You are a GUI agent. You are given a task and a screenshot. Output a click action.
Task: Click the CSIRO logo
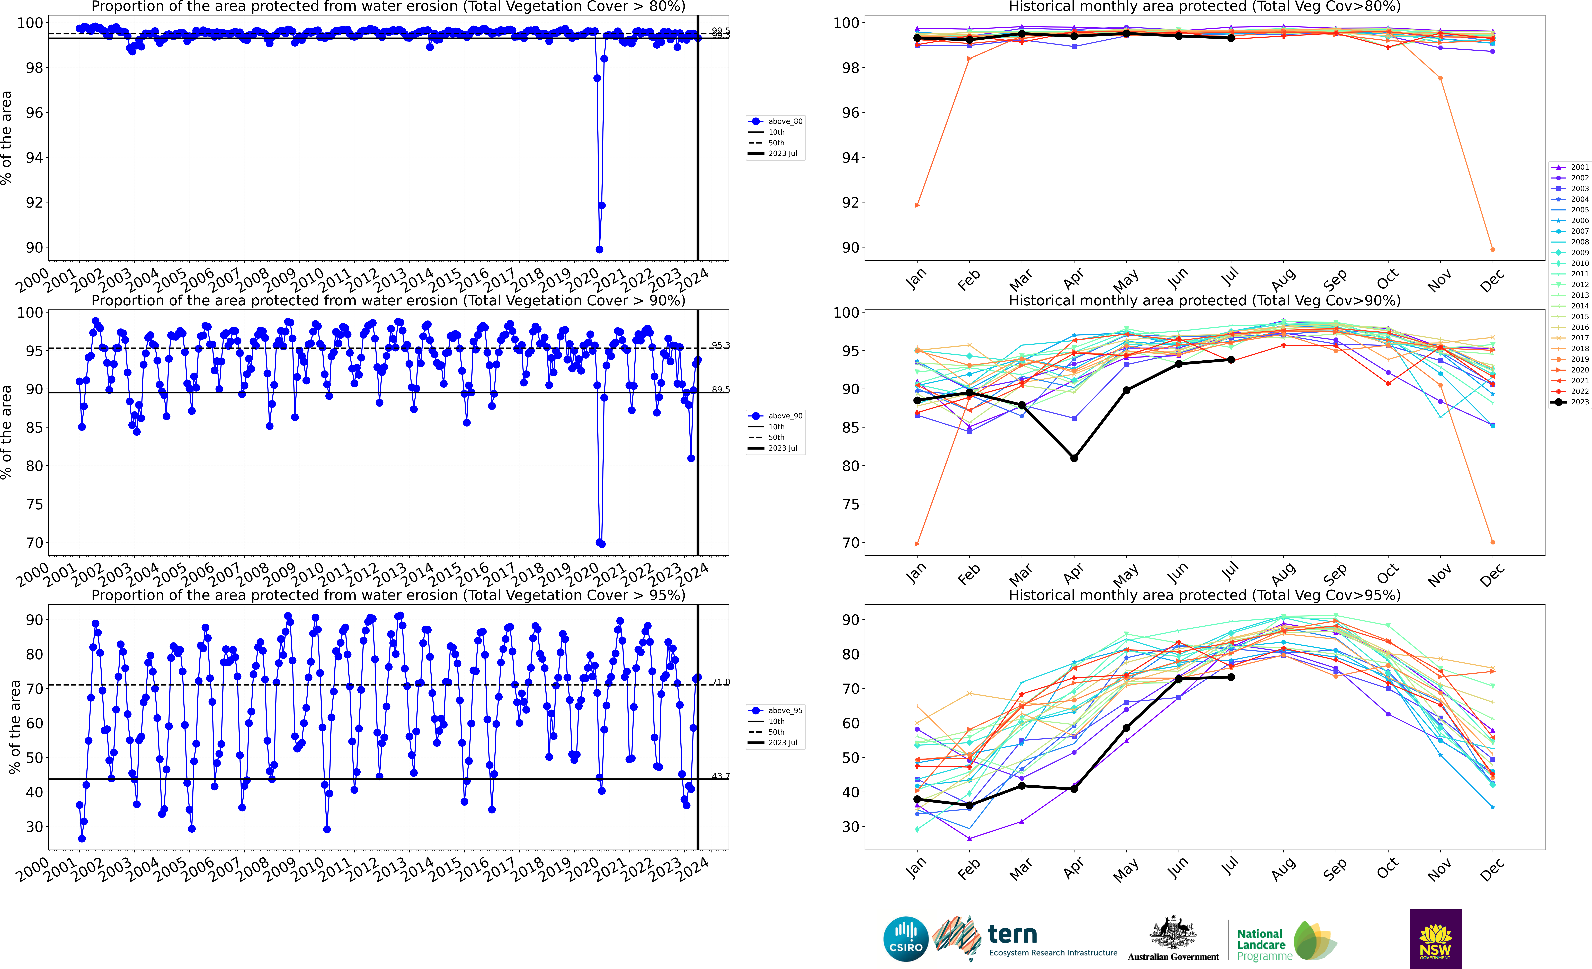(906, 939)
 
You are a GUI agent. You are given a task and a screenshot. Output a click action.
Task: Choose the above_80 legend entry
(775, 121)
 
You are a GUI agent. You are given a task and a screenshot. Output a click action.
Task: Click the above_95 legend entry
(775, 711)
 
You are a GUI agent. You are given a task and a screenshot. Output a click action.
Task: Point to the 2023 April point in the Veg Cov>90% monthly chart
(1074, 458)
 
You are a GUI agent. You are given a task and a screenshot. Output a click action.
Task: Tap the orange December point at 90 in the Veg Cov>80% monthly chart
(1492, 249)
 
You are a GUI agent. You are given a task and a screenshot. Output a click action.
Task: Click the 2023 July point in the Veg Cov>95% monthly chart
(1231, 677)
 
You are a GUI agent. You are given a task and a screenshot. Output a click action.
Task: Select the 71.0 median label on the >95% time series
(720, 682)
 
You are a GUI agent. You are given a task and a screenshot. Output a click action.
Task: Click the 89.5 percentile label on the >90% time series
(720, 389)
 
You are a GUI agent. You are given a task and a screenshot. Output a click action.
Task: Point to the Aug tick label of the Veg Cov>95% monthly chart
(1283, 869)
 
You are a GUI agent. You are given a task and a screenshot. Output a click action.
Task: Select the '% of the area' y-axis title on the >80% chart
(6, 138)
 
